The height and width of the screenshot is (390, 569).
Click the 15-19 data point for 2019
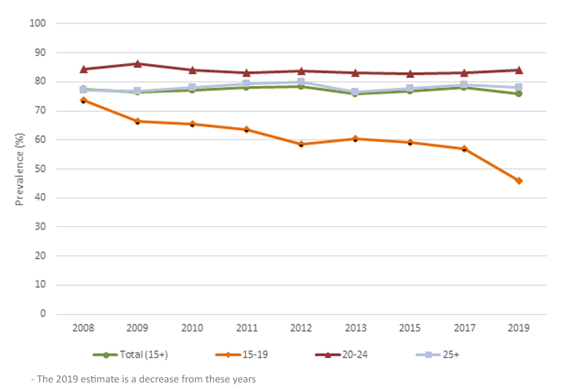518,181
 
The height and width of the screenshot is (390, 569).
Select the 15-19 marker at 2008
83,100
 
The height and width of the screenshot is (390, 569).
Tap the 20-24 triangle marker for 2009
138,63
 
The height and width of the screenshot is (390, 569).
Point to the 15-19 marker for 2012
301,144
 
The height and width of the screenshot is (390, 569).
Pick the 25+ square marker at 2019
518,87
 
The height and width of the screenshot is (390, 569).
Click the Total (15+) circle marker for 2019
518,94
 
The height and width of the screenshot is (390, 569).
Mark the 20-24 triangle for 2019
518,70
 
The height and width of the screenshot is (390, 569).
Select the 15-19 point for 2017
464,149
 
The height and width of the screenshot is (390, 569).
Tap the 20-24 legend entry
341,355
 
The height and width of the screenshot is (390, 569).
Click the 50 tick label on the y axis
40,169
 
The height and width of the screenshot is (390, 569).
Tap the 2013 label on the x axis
355,329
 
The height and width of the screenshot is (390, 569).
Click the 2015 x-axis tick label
410,329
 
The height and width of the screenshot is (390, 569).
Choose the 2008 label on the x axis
83,329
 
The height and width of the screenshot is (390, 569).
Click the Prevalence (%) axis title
20,169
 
